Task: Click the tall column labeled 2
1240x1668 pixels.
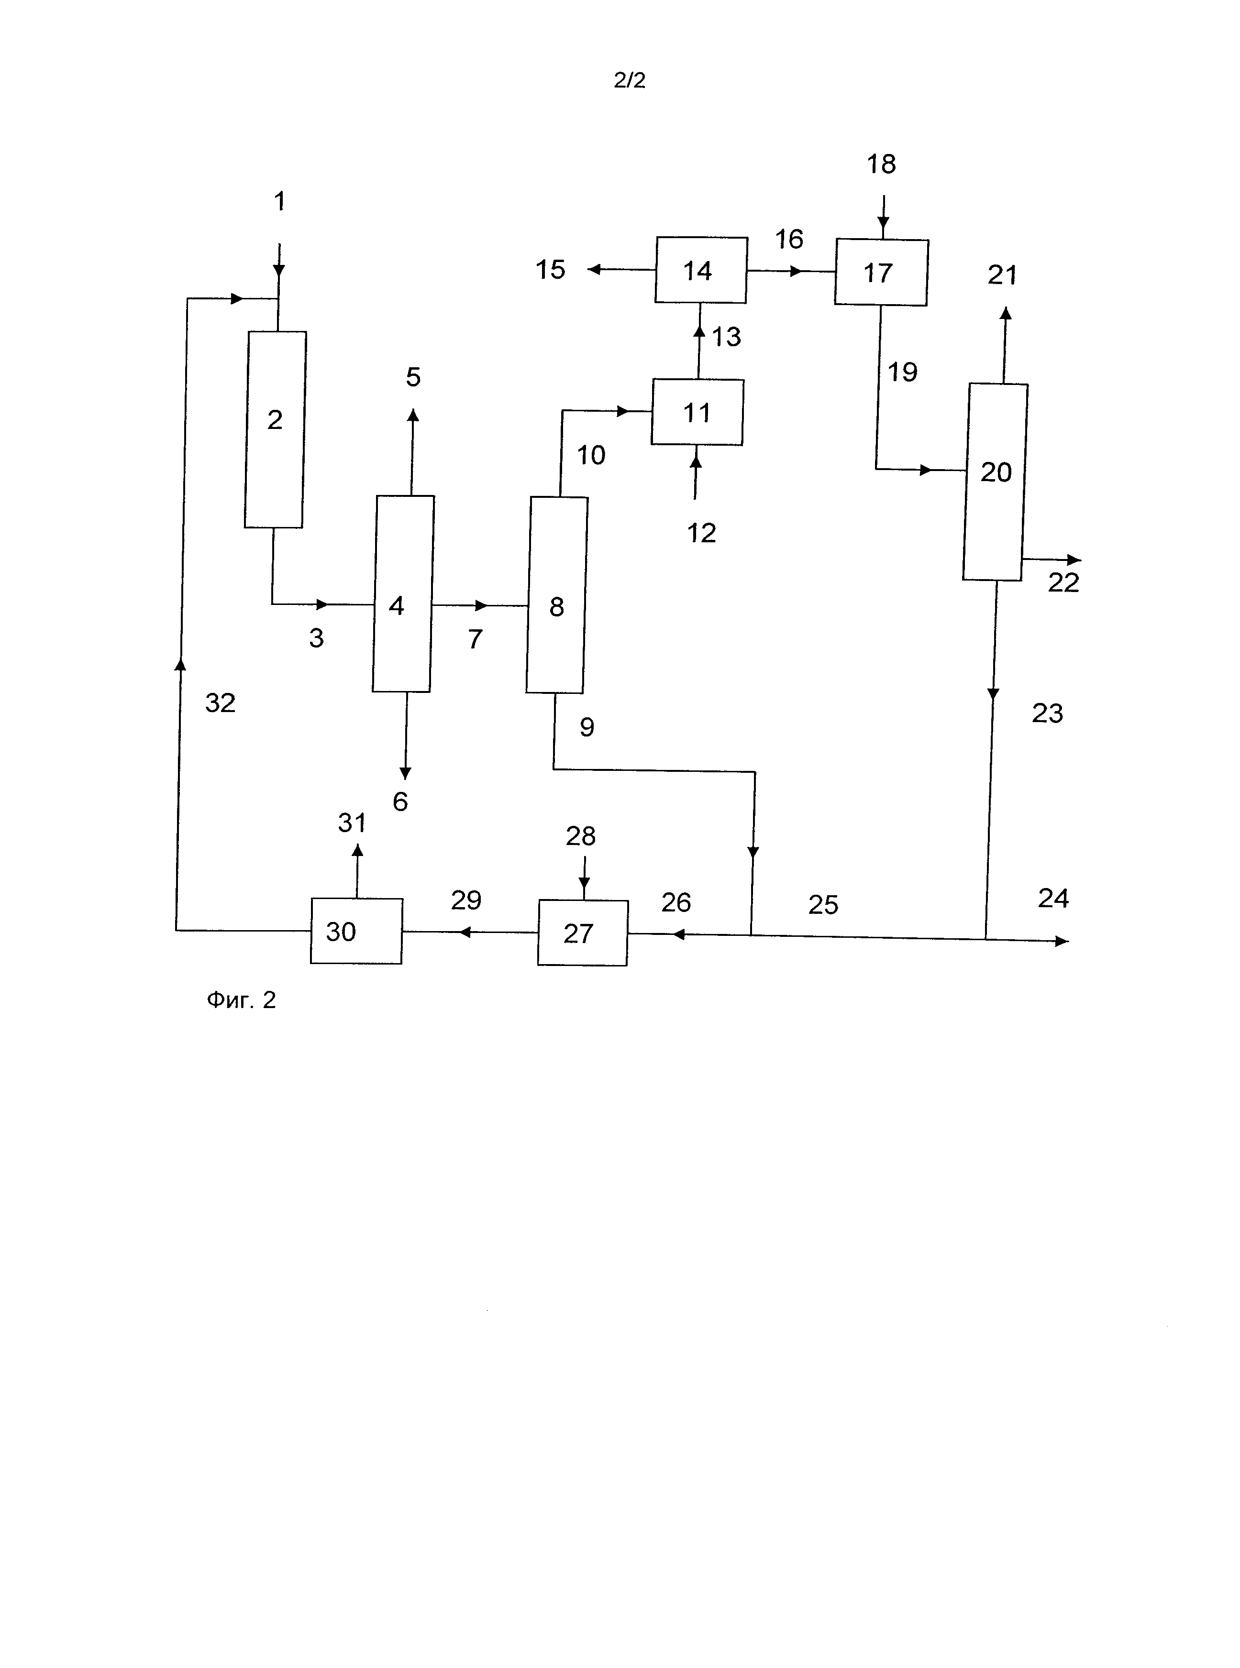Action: pos(275,429)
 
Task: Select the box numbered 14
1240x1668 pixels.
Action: pos(700,270)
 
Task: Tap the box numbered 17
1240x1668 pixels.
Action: pos(881,273)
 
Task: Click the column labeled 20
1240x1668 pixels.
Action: pos(996,482)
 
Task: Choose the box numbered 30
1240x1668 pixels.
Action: pos(356,931)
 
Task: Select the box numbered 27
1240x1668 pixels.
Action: pos(583,933)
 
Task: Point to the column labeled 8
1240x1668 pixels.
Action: pos(556,595)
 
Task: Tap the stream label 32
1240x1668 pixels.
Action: pos(220,703)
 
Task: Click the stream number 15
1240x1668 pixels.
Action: pos(550,269)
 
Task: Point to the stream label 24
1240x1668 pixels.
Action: pos(1053,898)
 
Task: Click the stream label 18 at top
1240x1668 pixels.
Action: pos(881,164)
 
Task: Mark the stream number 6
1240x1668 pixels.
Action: pos(400,801)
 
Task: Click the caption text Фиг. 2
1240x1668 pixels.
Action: pos(241,1000)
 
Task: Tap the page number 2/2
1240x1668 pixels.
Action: pos(629,80)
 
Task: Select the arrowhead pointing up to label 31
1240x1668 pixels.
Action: pos(357,850)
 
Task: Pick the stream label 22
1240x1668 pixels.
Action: pos(1063,583)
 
